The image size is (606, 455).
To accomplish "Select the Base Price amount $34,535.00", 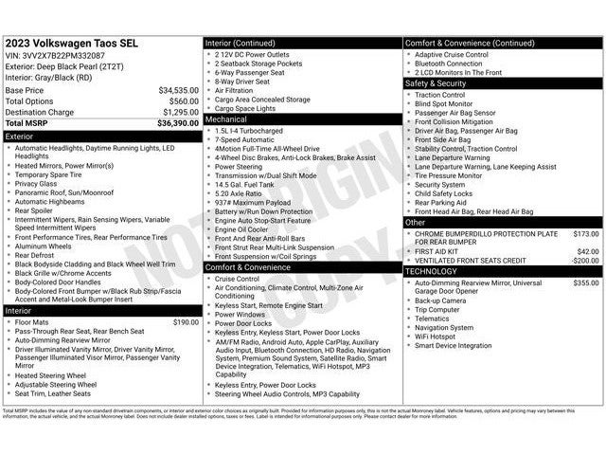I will pyautogui.click(x=178, y=90).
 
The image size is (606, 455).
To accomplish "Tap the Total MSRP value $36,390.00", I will pyautogui.click(x=178, y=123).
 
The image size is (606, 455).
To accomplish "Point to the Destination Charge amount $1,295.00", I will pyautogui.click(x=180, y=112).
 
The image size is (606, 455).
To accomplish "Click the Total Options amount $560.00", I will pyautogui.click(x=184, y=100).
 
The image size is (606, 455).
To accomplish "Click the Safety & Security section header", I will pyautogui.click(x=436, y=83).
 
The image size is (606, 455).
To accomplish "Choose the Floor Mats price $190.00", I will pyautogui.click(x=185, y=322).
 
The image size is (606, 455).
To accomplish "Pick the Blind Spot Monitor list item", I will pyautogui.click(x=449, y=103).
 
